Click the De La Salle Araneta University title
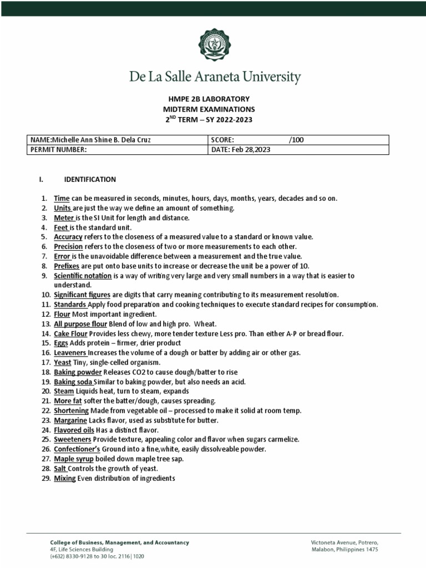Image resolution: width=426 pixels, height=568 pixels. (x=213, y=77)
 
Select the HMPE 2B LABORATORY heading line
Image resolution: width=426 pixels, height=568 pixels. (x=213, y=99)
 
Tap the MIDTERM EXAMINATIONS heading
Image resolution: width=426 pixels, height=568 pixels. (x=213, y=109)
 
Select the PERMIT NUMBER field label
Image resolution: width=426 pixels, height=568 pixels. (x=59, y=150)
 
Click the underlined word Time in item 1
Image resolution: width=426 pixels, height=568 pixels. (x=61, y=198)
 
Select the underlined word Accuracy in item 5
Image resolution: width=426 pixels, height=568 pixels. (x=68, y=237)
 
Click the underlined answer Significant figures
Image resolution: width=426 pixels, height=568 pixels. (x=82, y=295)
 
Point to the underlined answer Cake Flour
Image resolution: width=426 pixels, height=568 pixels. (x=70, y=333)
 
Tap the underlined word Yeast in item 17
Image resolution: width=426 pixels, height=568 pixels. (x=62, y=362)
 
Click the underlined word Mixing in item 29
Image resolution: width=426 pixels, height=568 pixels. (x=64, y=478)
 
